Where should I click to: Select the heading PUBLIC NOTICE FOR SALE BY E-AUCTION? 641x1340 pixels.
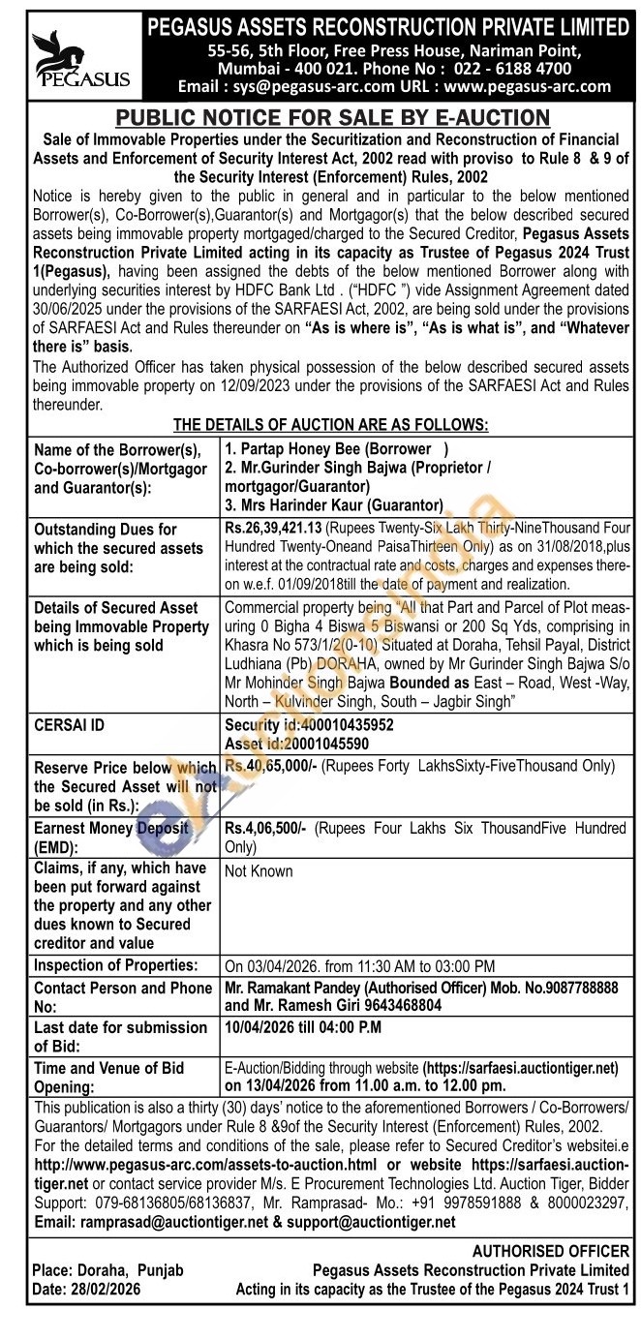[x=332, y=118]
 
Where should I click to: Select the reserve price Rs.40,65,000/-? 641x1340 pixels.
[x=273, y=766]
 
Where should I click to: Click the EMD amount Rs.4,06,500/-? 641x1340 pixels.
[x=267, y=828]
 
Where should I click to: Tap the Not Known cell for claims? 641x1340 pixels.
[x=259, y=870]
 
